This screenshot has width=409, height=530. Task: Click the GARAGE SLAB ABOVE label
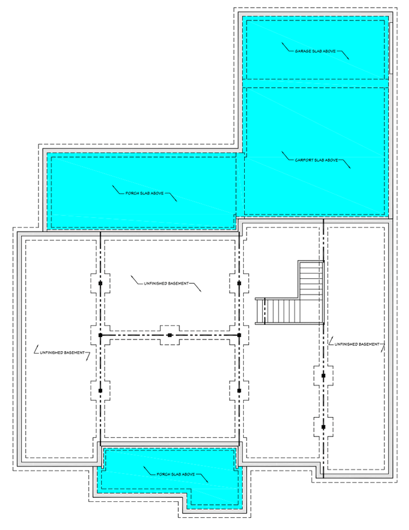314,51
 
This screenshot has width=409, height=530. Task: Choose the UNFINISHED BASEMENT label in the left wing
63,353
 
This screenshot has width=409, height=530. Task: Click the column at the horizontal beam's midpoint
169,335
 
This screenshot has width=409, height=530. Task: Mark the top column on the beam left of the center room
100,283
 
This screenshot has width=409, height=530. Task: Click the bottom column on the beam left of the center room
100,390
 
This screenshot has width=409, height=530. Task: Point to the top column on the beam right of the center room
239,283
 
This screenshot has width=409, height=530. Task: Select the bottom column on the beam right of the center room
239,390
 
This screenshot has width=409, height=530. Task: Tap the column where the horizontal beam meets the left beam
100,335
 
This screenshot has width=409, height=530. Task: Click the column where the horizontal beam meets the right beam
239,335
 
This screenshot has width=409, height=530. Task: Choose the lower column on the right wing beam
323,427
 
